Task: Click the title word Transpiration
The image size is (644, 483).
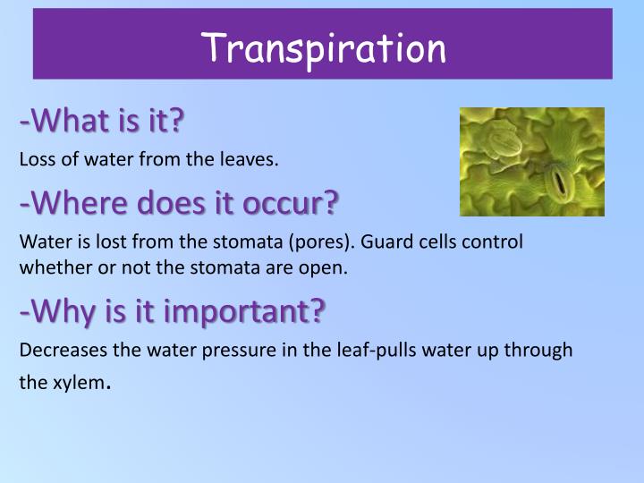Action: click(x=323, y=47)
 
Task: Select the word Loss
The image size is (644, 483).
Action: click(x=34, y=160)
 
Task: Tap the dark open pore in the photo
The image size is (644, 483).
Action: click(x=562, y=184)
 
